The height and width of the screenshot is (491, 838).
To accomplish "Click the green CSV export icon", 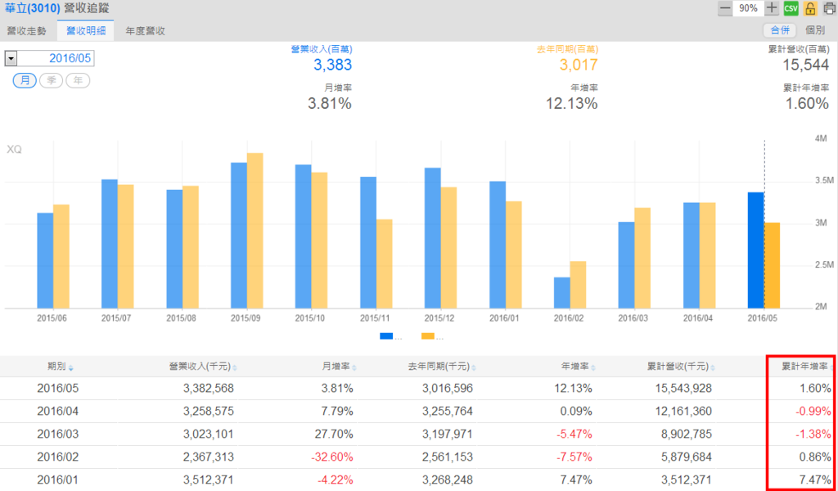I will coord(791,8).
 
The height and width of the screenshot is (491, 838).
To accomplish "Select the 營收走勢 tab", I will coord(26,31).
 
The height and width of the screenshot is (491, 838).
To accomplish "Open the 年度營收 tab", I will coord(146,31).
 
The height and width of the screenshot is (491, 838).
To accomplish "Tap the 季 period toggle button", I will coord(51,80).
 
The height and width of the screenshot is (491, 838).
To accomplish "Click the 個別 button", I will coord(815,30).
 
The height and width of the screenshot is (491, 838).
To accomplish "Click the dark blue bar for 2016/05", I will coord(755,250).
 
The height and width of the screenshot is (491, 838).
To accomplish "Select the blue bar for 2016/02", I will coord(561,292).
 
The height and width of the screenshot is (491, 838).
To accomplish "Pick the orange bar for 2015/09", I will coord(255,230).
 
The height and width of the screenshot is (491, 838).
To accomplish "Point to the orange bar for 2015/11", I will coord(384,264).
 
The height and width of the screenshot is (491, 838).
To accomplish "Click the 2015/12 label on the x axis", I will coord(440,317).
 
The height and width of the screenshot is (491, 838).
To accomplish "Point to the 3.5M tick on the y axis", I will coord(823,181).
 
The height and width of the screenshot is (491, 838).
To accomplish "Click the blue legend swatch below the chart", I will coord(387,336).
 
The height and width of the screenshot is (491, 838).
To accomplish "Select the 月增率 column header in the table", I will coord(336,367).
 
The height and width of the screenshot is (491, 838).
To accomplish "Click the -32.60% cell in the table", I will coord(332,457).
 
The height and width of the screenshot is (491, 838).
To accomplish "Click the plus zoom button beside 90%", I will coord(772,8).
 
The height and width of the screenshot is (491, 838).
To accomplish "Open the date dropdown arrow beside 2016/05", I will coord(11,58).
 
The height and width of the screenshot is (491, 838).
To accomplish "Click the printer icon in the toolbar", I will coord(829,8).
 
